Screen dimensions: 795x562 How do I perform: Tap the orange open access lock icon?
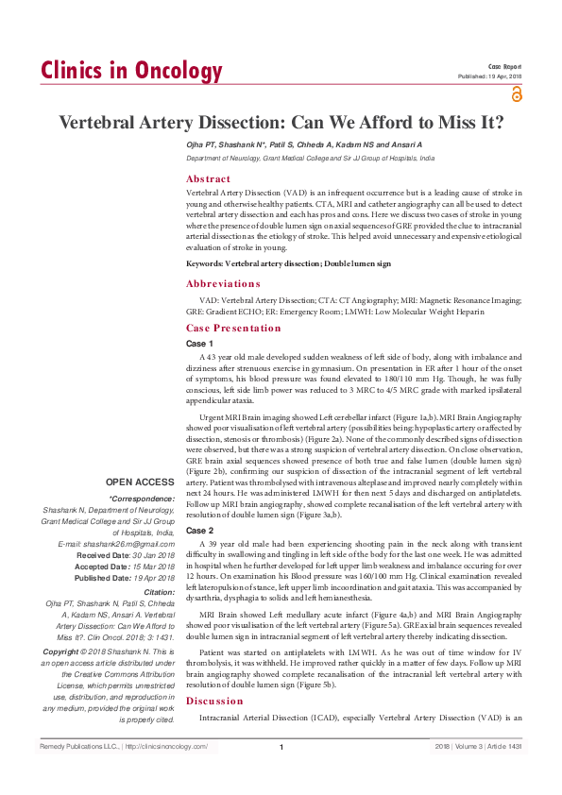point(515,93)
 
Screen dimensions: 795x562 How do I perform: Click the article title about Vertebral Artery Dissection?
point(281,123)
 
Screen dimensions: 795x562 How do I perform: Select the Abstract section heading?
point(208,178)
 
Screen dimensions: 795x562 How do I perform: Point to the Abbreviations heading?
point(223,283)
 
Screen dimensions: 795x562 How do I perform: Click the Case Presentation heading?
point(233,329)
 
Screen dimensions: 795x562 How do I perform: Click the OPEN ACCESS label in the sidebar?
point(141,481)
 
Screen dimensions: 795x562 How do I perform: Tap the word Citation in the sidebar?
point(156,591)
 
